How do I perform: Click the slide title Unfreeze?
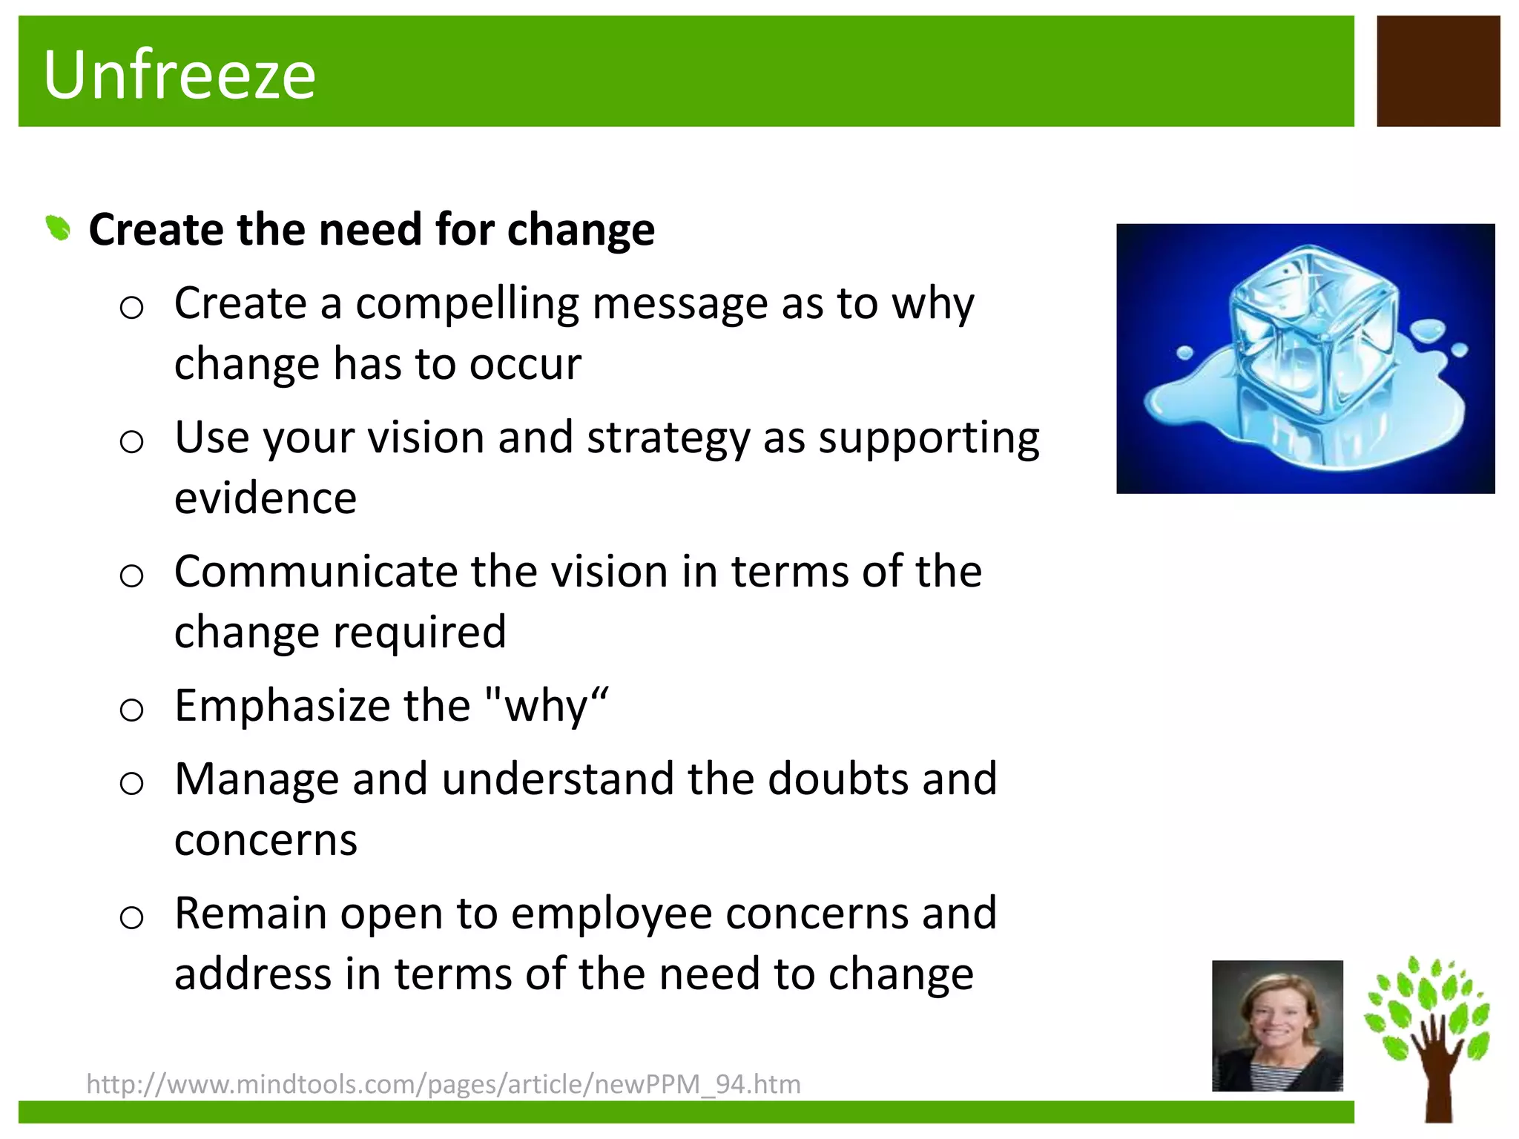coord(179,74)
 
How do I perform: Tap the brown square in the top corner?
coord(1437,71)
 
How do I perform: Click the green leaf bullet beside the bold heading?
coord(58,228)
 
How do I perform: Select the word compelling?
coord(467,304)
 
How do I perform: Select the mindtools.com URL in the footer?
coord(444,1084)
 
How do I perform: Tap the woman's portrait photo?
coord(1277,1026)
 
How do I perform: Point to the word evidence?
coord(266,498)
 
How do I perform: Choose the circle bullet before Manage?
coord(131,783)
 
